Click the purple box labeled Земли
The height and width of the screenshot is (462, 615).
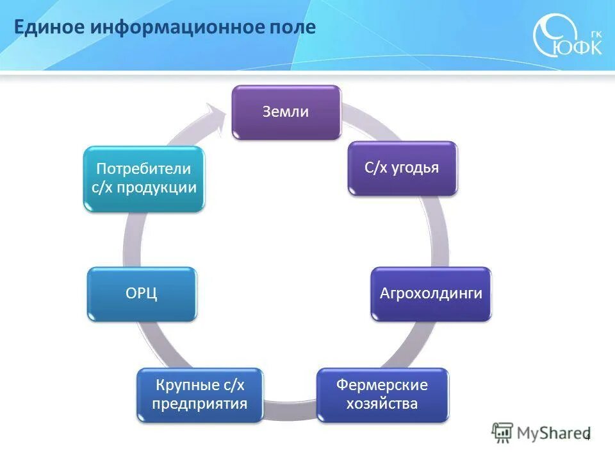(286, 112)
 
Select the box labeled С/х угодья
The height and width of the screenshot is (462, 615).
(402, 168)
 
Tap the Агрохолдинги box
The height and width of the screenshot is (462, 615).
(430, 294)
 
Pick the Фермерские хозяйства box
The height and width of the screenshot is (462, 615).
(382, 395)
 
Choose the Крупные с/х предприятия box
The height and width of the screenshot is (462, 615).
(199, 395)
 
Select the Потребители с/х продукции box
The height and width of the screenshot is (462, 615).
(144, 178)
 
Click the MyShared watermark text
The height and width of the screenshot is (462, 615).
(555, 433)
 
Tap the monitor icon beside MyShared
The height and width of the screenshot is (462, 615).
(503, 432)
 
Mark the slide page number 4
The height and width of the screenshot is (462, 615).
(587, 438)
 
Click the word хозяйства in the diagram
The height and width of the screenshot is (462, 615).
(382, 404)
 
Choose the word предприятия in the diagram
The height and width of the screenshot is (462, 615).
(199, 404)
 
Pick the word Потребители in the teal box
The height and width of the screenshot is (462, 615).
(144, 169)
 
